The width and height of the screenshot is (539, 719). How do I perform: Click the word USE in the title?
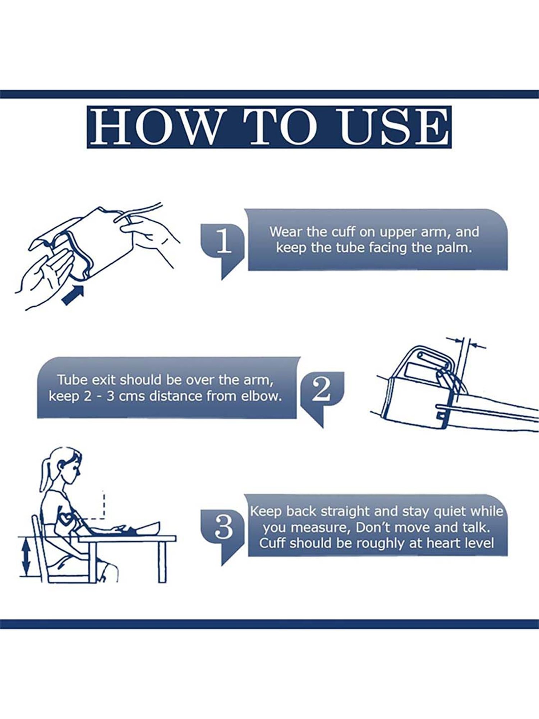pos(394,127)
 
